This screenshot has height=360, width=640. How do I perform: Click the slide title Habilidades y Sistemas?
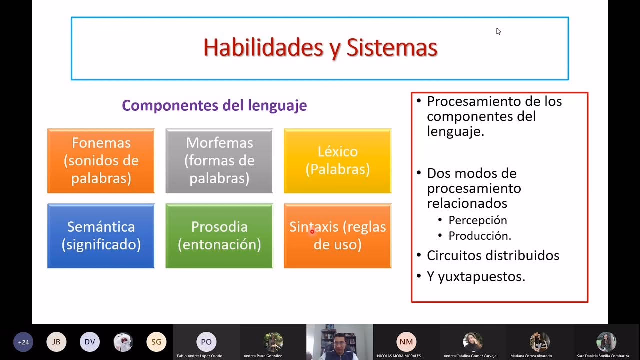click(320, 48)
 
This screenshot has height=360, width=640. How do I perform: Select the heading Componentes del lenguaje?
click(214, 105)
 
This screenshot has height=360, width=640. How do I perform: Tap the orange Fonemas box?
click(101, 160)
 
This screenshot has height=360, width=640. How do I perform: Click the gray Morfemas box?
click(219, 160)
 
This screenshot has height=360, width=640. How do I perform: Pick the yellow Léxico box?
click(337, 160)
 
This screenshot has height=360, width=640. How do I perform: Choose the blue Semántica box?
click(101, 235)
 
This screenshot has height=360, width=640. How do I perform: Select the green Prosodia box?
click(219, 235)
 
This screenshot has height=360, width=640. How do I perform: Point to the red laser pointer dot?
click(312, 231)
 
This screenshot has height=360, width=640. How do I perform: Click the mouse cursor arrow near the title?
click(498, 31)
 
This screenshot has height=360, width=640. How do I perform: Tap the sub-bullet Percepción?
click(477, 220)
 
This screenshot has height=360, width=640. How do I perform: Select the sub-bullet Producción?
click(479, 236)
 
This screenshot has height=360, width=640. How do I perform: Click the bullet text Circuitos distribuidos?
click(492, 255)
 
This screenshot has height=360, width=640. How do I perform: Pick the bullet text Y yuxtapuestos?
click(475, 276)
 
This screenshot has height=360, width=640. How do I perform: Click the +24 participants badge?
click(23, 342)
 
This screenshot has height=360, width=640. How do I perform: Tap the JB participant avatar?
click(56, 342)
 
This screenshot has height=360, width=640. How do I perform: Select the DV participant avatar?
click(90, 342)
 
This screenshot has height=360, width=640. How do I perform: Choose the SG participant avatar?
click(156, 342)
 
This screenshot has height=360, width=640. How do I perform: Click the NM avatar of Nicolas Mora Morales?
click(406, 342)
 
